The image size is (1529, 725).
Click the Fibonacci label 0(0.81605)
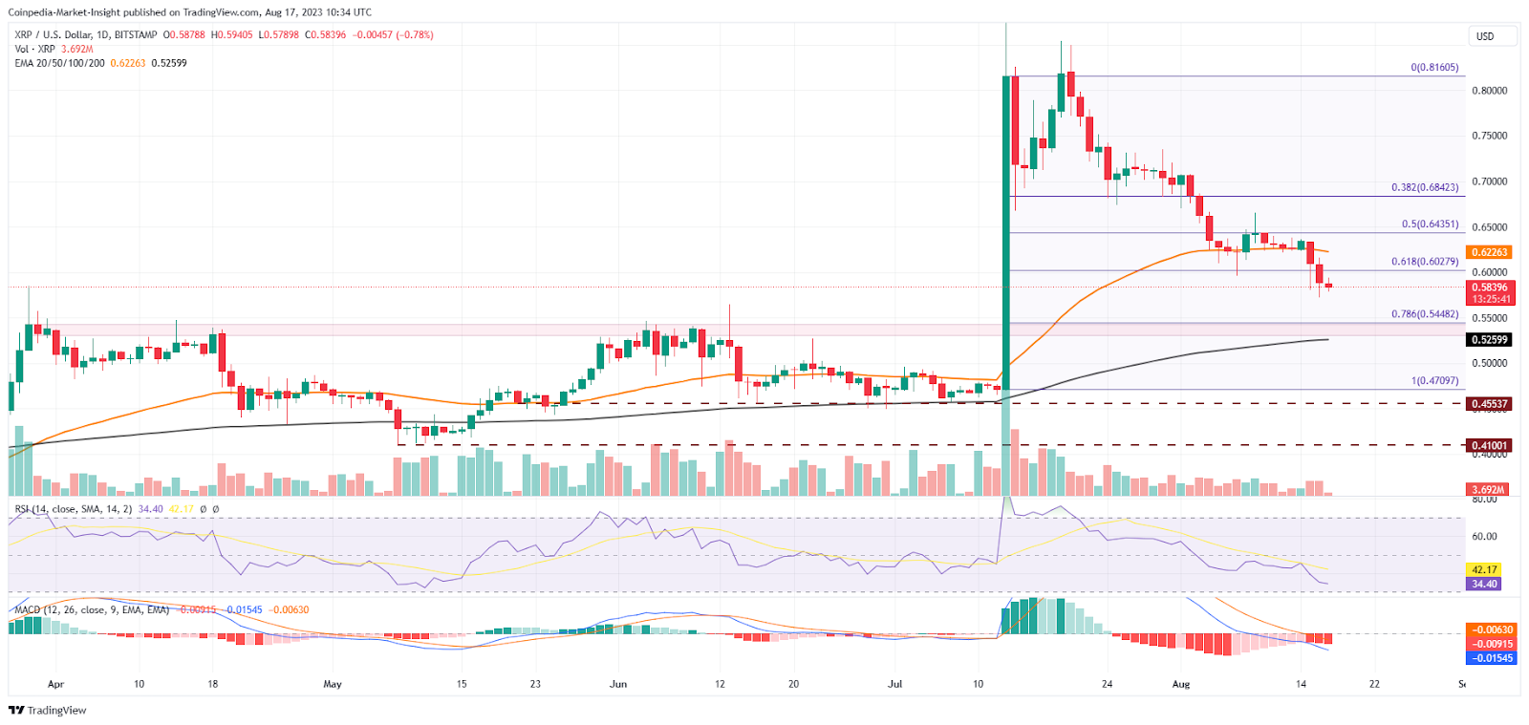(x=1434, y=68)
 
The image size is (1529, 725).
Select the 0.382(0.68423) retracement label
(x=1424, y=188)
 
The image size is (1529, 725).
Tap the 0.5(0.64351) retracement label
(x=1430, y=224)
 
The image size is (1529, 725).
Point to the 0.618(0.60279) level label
(x=1424, y=262)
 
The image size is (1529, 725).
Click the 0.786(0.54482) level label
(x=1424, y=314)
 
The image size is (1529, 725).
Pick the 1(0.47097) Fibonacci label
(x=1434, y=380)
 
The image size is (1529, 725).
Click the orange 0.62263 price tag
(x=1489, y=252)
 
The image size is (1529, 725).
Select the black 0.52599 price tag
(x=1489, y=340)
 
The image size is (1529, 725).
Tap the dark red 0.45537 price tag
(x=1489, y=404)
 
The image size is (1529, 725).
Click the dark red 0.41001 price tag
(x=1489, y=445)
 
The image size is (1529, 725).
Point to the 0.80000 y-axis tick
(x=1489, y=91)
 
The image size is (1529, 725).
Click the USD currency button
(x=1490, y=36)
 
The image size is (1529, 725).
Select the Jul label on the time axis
(x=894, y=684)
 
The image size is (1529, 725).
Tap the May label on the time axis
(x=332, y=684)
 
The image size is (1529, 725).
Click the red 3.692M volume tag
(x=1488, y=490)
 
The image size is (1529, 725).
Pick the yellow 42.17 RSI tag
(x=1484, y=569)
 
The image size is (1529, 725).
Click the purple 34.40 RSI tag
(x=1484, y=584)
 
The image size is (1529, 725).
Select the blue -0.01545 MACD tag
(x=1491, y=658)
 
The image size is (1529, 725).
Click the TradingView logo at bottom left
(x=48, y=710)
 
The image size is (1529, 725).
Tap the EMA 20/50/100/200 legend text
(x=59, y=63)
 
